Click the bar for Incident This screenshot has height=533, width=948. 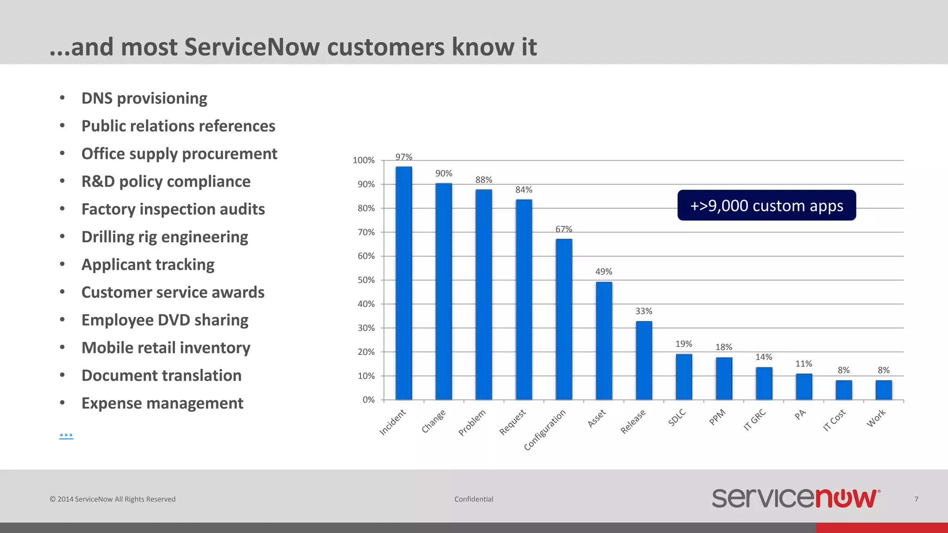click(404, 283)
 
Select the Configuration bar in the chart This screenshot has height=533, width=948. click(564, 319)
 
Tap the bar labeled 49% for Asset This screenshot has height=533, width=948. click(604, 341)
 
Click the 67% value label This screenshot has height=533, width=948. click(564, 229)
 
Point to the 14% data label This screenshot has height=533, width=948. click(764, 357)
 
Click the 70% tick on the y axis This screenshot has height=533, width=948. click(366, 232)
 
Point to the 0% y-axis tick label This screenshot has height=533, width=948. click(368, 400)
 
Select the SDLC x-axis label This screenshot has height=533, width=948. click(677, 417)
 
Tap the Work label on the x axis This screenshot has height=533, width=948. click(876, 418)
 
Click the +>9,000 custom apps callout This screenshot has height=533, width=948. click(767, 205)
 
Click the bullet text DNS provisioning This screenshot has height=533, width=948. click(144, 99)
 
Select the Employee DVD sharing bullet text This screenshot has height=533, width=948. click(165, 320)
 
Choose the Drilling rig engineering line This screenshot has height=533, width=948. click(165, 237)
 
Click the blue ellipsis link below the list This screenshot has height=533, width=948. click(66, 435)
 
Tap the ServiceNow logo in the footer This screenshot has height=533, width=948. click(795, 498)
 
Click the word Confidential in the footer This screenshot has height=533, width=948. click(474, 499)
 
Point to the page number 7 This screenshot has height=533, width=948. click(916, 499)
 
